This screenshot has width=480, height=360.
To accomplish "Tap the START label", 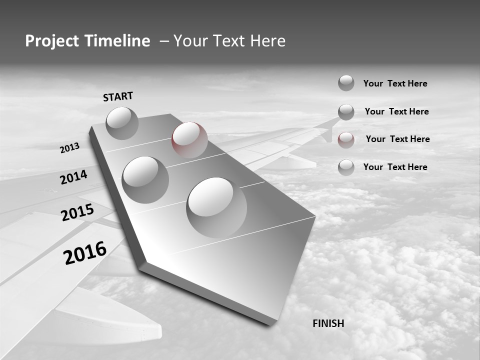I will [x=118, y=96].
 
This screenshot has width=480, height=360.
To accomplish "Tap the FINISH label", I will [x=328, y=323].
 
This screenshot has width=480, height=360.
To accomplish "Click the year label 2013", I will [x=69, y=148].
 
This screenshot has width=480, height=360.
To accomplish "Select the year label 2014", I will [x=73, y=177].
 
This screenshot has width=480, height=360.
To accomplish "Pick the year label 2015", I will [x=77, y=212].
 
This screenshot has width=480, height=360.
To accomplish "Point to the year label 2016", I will [x=85, y=252].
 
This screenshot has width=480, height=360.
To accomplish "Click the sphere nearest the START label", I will [x=122, y=123].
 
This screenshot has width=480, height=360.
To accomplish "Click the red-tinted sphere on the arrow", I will [x=189, y=139].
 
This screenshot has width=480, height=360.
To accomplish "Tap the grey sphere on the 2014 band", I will [x=145, y=179].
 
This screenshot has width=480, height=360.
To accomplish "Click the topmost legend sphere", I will [x=346, y=83].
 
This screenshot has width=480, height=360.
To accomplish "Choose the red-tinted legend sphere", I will [x=346, y=140].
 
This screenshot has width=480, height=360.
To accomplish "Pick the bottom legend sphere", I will [x=346, y=167].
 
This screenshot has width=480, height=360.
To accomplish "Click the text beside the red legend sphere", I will [x=397, y=139].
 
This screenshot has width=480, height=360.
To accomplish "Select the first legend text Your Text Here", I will [x=395, y=83].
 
